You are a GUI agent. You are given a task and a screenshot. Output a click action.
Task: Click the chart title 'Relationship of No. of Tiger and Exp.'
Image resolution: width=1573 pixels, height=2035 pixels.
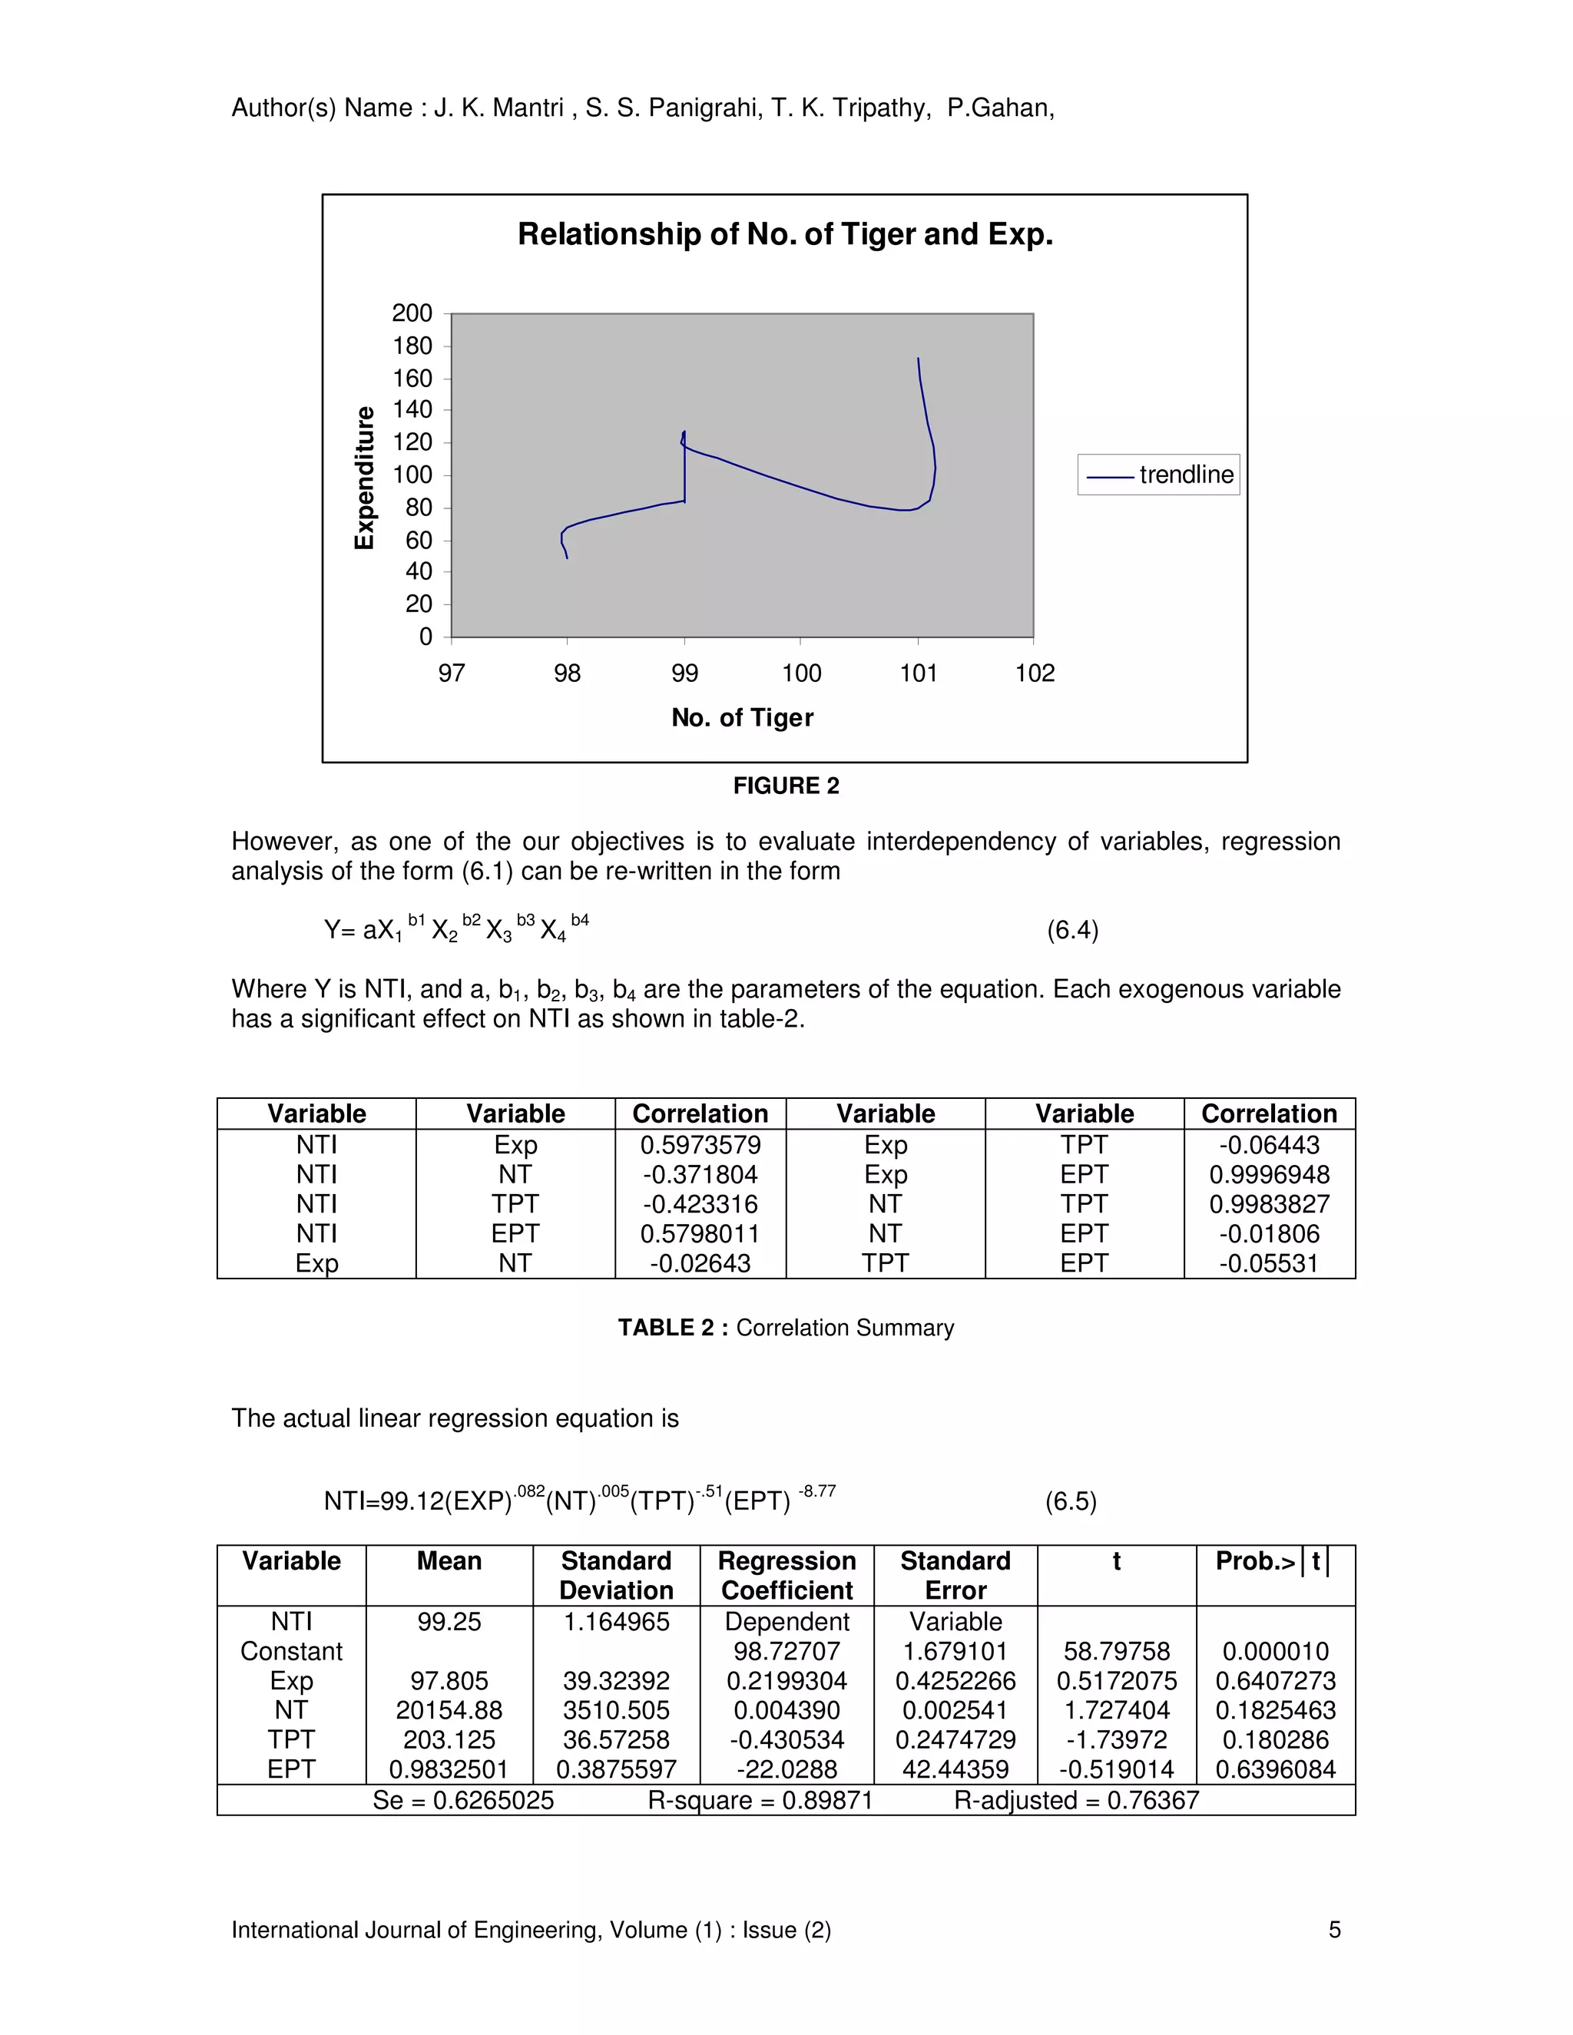pos(785,234)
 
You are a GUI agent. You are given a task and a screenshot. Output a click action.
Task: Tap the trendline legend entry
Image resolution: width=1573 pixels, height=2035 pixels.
pos(1158,475)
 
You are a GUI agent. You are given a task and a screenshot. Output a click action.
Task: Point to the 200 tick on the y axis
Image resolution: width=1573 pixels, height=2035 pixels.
pos(412,313)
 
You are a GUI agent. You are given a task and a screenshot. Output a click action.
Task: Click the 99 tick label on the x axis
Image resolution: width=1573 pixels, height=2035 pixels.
pos(684,673)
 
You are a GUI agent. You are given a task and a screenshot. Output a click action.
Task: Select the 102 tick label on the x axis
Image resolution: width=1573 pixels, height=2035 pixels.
pos(1035,673)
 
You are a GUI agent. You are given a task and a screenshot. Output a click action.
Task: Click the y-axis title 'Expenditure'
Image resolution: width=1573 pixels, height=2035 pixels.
pos(364,477)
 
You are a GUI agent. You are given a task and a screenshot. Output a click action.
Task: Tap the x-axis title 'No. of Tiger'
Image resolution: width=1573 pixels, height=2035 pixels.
pos(742,717)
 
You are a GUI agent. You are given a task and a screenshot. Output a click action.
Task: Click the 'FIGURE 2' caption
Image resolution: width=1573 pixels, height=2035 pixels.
pos(786,786)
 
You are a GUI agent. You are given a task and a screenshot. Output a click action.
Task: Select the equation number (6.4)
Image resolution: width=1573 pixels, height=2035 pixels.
pos(1072,930)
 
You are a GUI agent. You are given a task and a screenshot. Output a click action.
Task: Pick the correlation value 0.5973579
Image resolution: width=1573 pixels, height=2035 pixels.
pos(700,1144)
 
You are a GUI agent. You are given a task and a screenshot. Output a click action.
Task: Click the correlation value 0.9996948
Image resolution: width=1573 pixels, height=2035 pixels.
pos(1269,1174)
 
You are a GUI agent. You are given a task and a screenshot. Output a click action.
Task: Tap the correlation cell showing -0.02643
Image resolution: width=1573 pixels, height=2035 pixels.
pos(700,1262)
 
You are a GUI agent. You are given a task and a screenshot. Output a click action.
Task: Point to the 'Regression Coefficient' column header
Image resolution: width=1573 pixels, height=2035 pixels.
pos(786,1575)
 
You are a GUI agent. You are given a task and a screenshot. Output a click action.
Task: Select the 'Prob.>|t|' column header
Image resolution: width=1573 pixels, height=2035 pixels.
pos(1274,1562)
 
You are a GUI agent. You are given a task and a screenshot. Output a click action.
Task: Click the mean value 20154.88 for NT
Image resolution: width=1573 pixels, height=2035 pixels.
pos(449,1710)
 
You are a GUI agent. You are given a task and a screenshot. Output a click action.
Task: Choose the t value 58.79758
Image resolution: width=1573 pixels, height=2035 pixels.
pos(1116,1651)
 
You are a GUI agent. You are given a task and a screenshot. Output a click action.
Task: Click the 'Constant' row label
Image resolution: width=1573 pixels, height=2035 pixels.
pos(291,1651)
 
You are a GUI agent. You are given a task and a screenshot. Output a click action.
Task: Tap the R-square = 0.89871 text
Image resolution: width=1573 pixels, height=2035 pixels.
pos(760,1800)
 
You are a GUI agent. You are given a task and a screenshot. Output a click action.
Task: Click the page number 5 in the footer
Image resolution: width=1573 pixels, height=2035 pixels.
pos(1333,1930)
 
